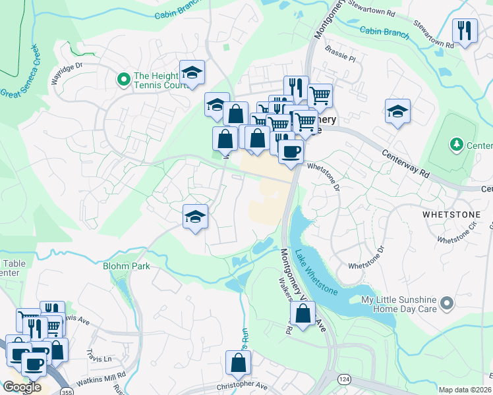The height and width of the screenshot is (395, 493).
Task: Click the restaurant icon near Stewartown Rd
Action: pos(465,30)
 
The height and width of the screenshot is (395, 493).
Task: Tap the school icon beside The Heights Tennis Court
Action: pos(192,73)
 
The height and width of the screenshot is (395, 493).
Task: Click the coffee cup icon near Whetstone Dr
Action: pos(290,151)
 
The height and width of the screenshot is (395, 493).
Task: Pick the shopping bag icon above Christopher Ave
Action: pos(238,363)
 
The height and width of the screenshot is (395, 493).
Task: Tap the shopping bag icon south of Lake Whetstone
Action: pos(303,314)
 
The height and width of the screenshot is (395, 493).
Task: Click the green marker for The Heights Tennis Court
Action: pos(123,80)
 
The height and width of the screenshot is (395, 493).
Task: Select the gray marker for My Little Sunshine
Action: pos(448,303)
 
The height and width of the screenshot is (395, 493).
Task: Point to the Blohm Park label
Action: pos(126,266)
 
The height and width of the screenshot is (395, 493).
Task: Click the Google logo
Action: pos(22,387)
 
